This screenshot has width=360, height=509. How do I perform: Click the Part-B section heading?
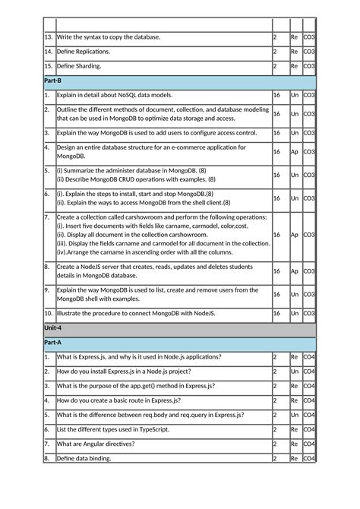(52, 81)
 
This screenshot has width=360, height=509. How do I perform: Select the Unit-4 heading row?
(53, 327)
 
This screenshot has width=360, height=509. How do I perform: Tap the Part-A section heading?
(52, 343)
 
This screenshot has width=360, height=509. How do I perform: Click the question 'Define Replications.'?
(84, 52)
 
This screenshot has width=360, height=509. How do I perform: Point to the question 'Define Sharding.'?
(79, 66)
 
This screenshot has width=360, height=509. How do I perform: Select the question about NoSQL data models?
(114, 95)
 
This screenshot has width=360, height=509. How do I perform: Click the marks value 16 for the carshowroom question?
(277, 235)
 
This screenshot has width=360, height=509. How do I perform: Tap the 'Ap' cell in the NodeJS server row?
(294, 271)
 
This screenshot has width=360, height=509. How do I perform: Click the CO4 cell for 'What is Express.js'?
(308, 357)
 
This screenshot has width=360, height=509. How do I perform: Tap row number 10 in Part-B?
(48, 312)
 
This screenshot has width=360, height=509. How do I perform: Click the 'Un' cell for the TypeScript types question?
(294, 429)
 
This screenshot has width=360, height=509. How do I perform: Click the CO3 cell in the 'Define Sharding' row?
(308, 66)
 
